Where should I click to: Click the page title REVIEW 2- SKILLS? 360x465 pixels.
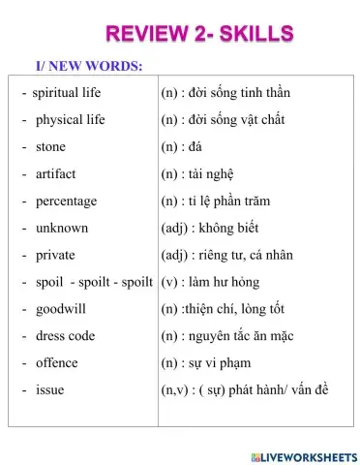click(x=198, y=35)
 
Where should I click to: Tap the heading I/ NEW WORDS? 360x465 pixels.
click(x=89, y=65)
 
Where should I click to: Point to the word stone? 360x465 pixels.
click(x=50, y=147)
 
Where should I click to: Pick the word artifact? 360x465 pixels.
click(x=55, y=174)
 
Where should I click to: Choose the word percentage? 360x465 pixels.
click(x=66, y=201)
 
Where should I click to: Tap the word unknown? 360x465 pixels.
click(x=61, y=229)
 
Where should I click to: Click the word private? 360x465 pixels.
click(x=55, y=256)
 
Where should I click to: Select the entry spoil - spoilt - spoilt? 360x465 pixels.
click(x=94, y=282)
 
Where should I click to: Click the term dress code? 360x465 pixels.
click(x=65, y=336)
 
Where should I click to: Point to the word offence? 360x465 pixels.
click(x=57, y=363)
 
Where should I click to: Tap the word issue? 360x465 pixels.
click(x=49, y=389)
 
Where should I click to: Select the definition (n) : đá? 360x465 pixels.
click(x=184, y=147)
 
